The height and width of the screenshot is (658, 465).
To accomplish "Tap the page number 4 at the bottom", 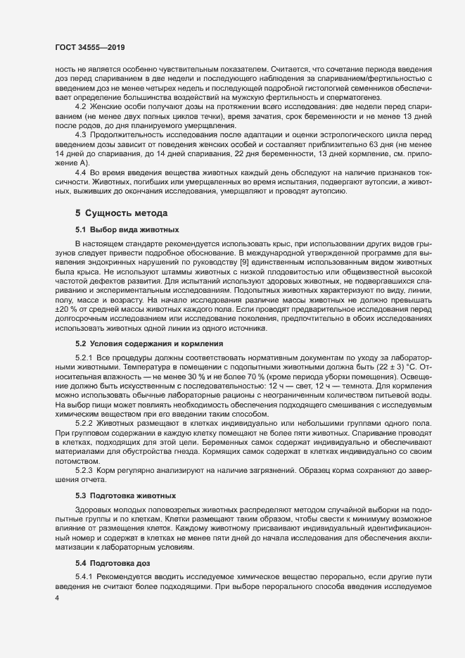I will pyautogui.click(x=57, y=598).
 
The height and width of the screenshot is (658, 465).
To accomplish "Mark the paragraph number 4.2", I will pyautogui.click(x=81, y=106).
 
